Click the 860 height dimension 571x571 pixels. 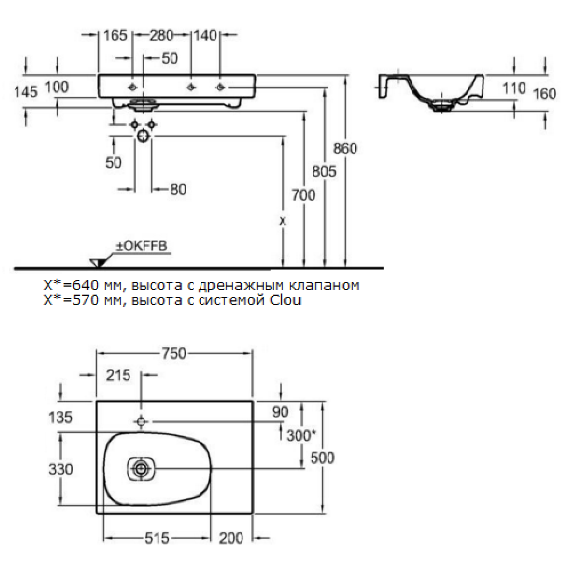(345, 148)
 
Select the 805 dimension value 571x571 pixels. (324, 171)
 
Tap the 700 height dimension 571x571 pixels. (303, 195)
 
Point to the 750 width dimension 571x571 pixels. (174, 353)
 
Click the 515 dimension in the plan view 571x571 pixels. (157, 538)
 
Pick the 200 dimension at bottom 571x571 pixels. (231, 538)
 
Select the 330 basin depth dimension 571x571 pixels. (61, 469)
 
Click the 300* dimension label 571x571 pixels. (301, 435)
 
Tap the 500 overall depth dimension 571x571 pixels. (322, 458)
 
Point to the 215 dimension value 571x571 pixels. (118, 375)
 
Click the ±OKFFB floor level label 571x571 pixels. (141, 246)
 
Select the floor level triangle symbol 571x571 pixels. (98, 263)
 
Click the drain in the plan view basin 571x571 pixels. (140, 468)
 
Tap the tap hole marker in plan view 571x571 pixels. (141, 422)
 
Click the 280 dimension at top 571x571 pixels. (161, 35)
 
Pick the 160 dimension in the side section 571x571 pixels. (544, 94)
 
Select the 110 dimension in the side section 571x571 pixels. (514, 88)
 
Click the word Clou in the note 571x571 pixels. (285, 300)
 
